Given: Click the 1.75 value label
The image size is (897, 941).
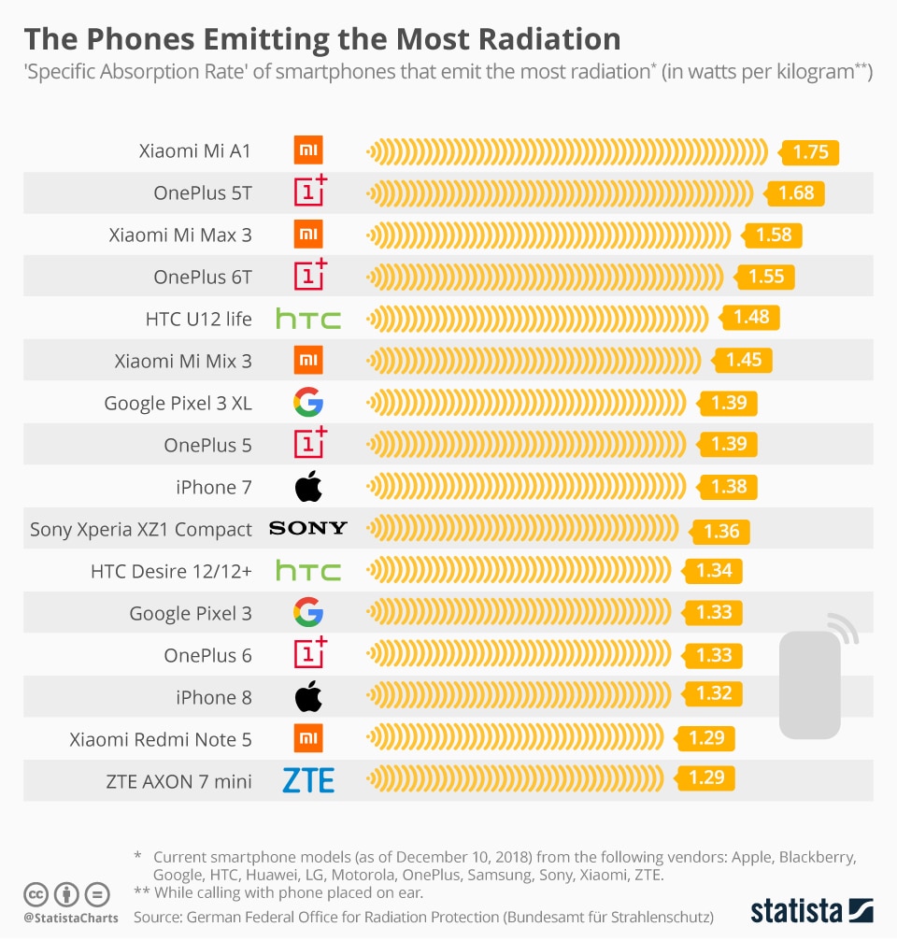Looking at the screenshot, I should (x=810, y=152).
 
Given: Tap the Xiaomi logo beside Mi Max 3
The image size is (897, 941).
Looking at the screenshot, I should (x=308, y=235).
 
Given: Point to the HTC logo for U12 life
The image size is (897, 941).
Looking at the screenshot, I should (x=308, y=319).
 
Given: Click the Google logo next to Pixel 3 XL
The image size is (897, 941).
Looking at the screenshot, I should (x=308, y=403).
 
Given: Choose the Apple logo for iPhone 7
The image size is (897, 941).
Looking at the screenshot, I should (x=308, y=487).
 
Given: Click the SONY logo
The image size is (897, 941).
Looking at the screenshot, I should (x=308, y=529).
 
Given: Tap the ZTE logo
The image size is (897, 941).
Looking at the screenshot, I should (x=308, y=779).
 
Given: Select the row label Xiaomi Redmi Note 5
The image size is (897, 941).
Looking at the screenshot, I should (x=161, y=739).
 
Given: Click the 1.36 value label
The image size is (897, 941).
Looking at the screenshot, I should (x=721, y=531).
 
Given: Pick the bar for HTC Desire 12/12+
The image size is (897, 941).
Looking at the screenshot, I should (x=523, y=571).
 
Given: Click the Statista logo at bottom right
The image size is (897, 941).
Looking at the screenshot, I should (x=811, y=910).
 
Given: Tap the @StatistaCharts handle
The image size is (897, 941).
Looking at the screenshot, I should (x=71, y=918).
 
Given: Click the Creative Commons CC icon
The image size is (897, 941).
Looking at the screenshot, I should (x=36, y=894).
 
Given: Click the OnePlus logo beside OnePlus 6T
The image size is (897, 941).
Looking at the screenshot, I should (x=310, y=276).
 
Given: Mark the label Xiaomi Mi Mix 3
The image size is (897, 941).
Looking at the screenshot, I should (x=183, y=361).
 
